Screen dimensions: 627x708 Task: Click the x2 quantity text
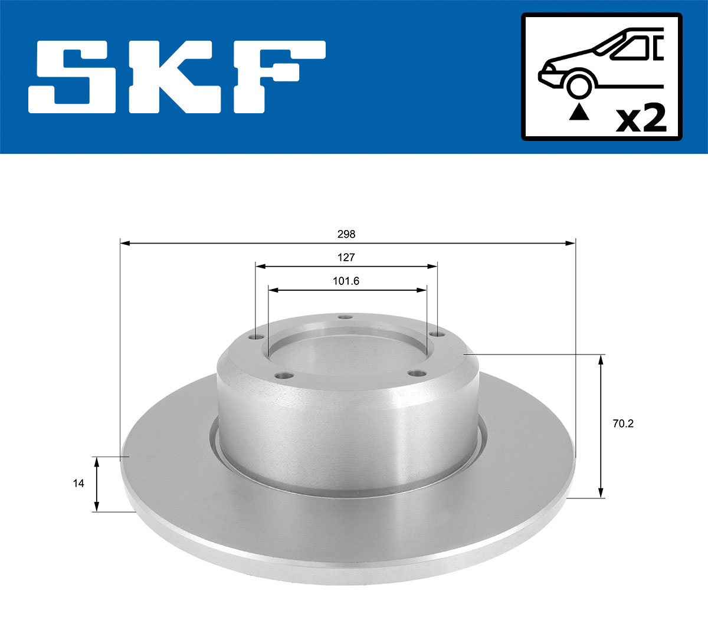[641, 119]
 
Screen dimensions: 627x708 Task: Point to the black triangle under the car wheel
[579, 111]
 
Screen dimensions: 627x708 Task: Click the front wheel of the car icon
[579, 85]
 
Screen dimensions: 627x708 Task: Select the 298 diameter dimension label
[346, 234]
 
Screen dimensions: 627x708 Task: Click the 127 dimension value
[346, 258]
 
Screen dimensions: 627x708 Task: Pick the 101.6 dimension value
[346, 281]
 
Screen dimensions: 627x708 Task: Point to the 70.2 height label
[622, 424]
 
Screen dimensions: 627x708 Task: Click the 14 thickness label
[78, 484]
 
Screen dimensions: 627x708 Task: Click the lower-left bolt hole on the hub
[285, 376]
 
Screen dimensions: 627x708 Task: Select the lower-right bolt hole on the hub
[418, 374]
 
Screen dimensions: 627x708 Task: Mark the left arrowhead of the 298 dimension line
[124, 242]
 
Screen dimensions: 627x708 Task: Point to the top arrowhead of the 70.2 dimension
[601, 359]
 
